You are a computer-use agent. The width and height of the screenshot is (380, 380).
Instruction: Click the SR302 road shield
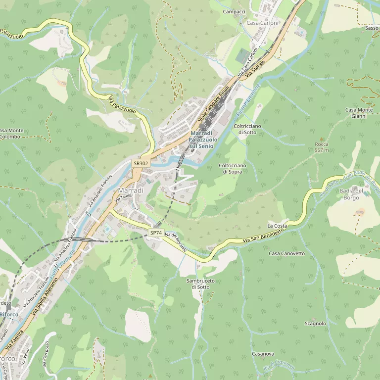(x=140, y=163)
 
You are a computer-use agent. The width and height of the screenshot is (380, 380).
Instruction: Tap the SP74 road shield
(x=156, y=233)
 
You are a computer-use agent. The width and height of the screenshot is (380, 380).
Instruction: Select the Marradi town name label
(x=131, y=190)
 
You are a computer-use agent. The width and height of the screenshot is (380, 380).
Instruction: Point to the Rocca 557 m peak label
(x=322, y=147)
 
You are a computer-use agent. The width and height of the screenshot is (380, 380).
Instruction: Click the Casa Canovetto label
(x=287, y=253)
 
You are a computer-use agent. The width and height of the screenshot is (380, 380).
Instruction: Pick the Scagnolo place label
(x=316, y=324)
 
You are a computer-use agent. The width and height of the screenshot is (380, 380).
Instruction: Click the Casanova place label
(x=263, y=354)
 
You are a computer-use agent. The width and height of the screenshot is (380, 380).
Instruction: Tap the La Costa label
(x=277, y=226)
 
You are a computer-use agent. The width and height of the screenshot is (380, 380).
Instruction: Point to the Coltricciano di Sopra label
(x=233, y=168)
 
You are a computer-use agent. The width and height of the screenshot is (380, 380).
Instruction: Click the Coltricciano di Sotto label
(x=247, y=129)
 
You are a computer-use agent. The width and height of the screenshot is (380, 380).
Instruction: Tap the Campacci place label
(x=234, y=11)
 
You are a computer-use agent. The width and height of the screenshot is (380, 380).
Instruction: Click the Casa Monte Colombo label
(x=11, y=134)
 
